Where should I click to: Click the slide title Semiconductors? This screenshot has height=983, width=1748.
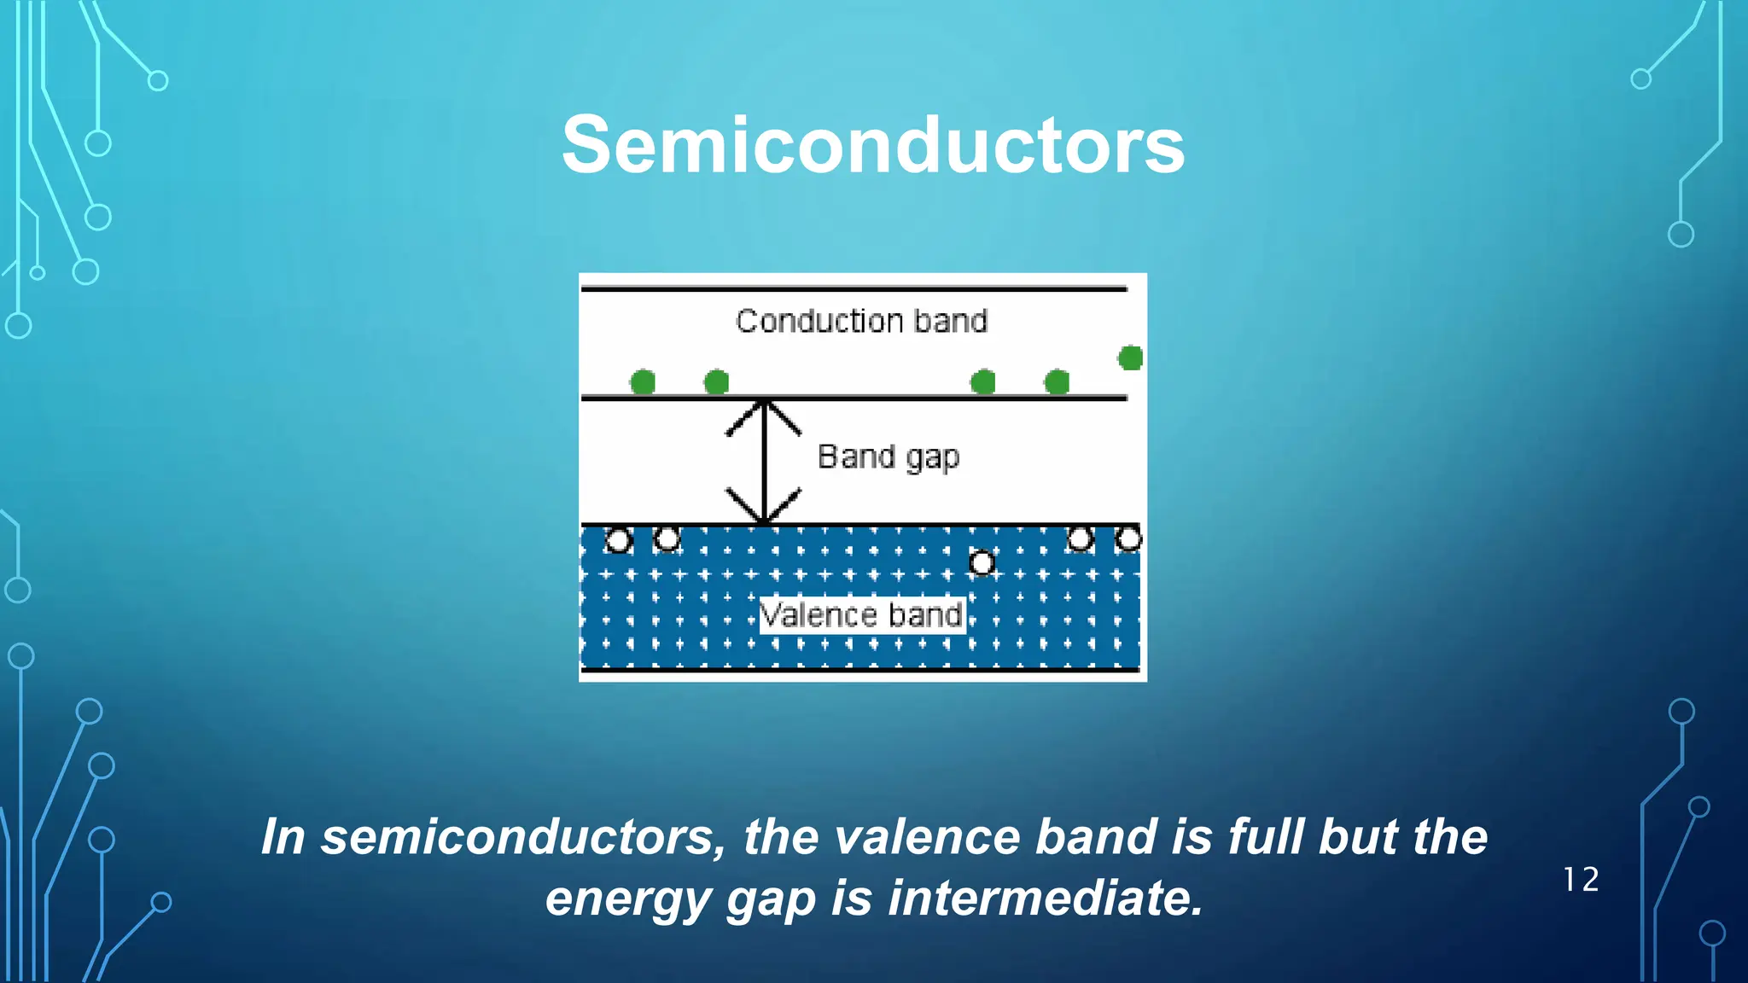[873, 145]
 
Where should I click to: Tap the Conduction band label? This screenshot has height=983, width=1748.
[861, 321]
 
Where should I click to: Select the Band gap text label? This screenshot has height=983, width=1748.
[889, 457]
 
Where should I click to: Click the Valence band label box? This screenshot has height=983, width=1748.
[862, 614]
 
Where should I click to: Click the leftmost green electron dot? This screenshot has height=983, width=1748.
[643, 382]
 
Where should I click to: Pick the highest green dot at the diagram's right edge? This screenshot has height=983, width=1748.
[1130, 358]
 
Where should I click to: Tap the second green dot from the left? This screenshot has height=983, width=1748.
[716, 382]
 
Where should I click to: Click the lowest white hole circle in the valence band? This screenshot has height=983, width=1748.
[982, 563]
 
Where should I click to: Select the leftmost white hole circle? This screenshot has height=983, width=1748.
[618, 541]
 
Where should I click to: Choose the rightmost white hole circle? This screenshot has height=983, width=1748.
[1128, 539]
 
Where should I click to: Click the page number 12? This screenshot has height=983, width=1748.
[1581, 880]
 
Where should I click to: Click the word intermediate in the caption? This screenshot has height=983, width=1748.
[1046, 899]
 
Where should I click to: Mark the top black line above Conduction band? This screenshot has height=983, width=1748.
[854, 289]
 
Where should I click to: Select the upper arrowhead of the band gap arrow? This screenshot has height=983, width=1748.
[764, 413]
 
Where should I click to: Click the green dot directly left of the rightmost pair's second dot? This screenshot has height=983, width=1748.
[983, 382]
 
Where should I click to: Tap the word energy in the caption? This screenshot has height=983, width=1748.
[629, 899]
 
